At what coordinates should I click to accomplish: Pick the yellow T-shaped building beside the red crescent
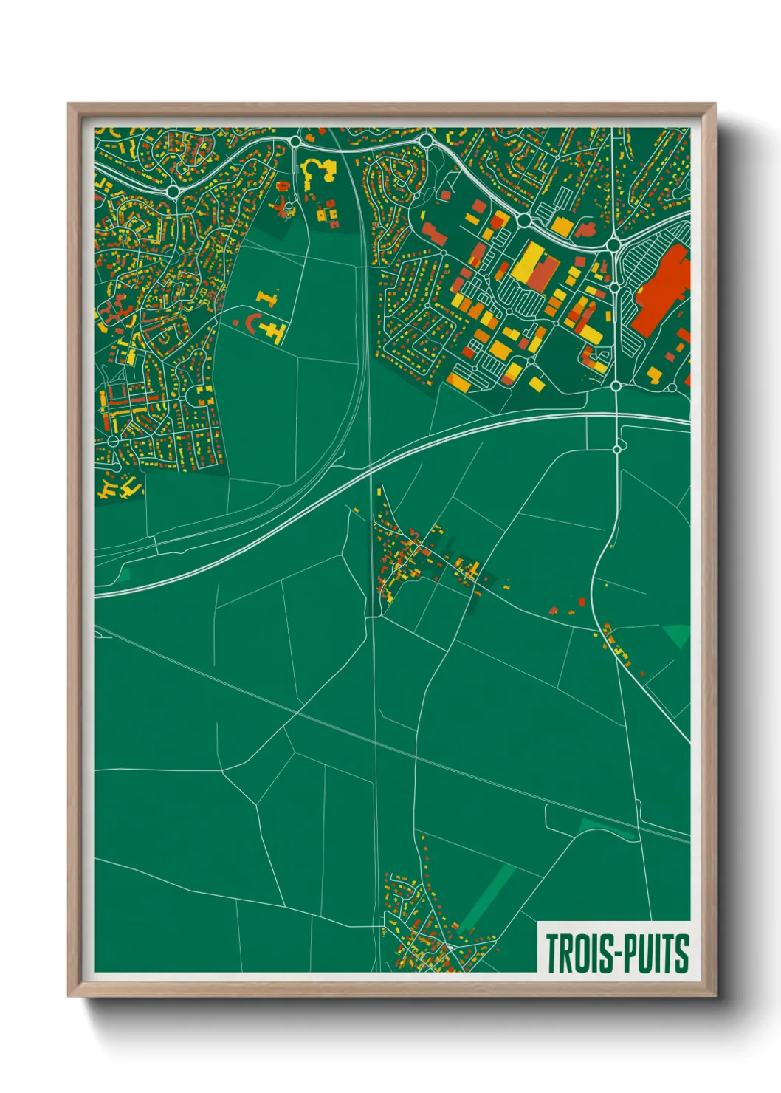point(275,329)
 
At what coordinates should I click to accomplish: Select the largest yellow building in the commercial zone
point(530,263)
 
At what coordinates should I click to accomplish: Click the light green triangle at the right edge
point(678,634)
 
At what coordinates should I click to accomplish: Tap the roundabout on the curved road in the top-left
point(173,192)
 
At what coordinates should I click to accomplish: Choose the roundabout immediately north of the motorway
point(616,386)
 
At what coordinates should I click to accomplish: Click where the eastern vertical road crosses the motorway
point(616,418)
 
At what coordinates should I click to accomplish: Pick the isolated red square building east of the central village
point(582,602)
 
